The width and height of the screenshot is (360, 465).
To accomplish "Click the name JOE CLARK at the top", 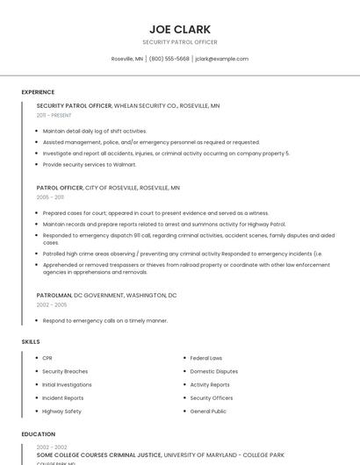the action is tap(179, 29).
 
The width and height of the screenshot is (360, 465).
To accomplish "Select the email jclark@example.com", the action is tap(221, 59).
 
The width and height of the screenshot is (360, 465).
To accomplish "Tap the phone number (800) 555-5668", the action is tap(169, 59).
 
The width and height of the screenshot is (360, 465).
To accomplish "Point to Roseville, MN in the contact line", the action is tap(126, 59).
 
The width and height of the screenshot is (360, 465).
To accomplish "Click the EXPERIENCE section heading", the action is tap(38, 91).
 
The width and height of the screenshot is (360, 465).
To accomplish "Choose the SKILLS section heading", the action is tap(31, 341).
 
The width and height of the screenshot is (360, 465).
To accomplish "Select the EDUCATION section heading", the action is tap(38, 433).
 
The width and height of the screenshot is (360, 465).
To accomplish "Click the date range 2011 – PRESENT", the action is tap(54, 115).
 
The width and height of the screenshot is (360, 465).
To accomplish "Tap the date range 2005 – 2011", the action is tap(50, 197).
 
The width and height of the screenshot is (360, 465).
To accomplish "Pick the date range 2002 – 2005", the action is tap(52, 304).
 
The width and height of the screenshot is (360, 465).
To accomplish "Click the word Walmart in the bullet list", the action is tap(124, 164).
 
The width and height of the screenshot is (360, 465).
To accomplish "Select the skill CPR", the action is tap(47, 358).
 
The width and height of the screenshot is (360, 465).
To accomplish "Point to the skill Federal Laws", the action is tap(205, 358).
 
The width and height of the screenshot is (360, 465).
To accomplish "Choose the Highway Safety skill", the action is tap(61, 411).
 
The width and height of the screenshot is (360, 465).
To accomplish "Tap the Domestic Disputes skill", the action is tap(213, 371).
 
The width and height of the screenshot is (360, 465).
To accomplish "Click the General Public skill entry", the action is tap(208, 411).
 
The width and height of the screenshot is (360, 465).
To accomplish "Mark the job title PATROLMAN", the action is tap(54, 296).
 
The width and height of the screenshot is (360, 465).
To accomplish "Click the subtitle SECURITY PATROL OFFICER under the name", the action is tap(179, 42).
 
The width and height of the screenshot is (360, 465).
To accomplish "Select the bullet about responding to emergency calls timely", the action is tap(104, 321).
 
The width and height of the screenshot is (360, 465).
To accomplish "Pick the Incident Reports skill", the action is tap(63, 397).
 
